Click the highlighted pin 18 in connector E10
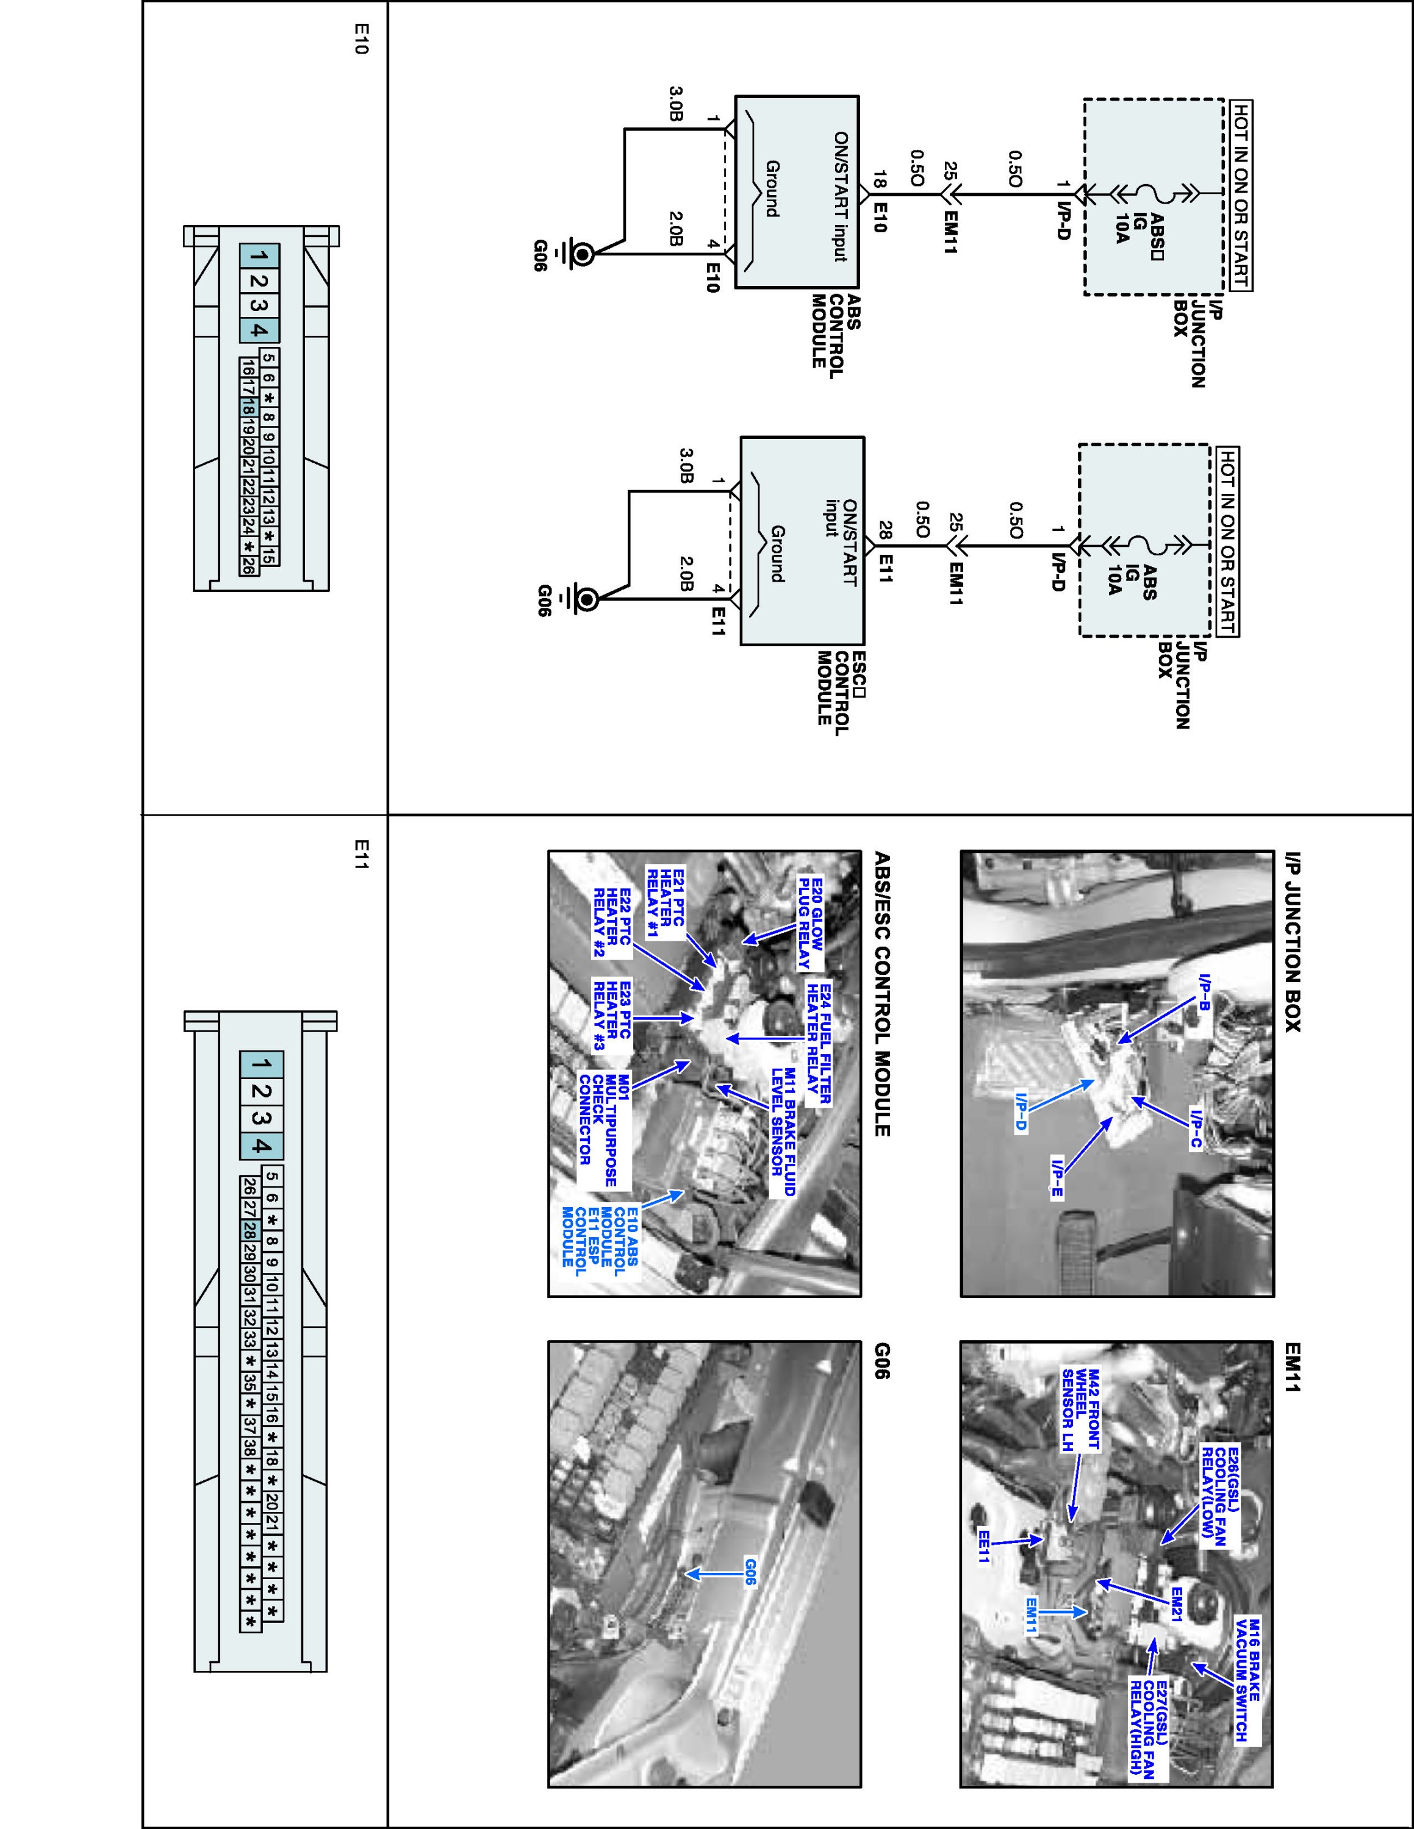248,408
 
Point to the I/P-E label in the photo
1058,1177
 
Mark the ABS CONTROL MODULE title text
828,331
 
